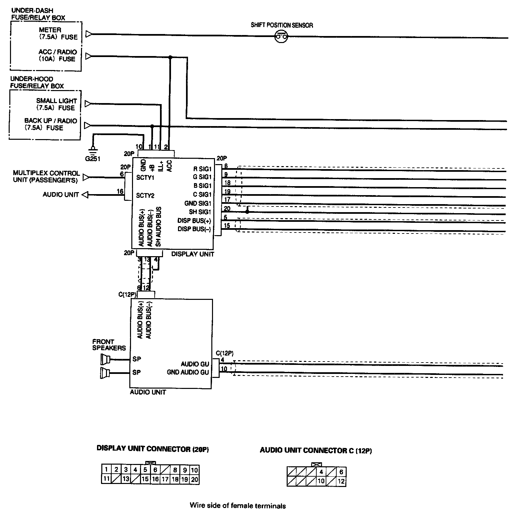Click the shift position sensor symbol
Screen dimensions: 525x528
(x=281, y=36)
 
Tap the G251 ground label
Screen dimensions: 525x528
(x=92, y=159)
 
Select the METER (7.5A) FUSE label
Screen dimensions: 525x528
(x=58, y=34)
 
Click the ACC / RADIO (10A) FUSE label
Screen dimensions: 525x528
(x=57, y=55)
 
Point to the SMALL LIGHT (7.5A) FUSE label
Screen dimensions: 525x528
(x=56, y=104)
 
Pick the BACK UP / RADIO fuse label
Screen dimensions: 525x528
(x=50, y=124)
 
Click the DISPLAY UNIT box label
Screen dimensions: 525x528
(x=193, y=254)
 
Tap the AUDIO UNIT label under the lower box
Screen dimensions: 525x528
(x=148, y=392)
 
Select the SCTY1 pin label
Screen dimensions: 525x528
(x=145, y=178)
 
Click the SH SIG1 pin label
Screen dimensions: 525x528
(x=200, y=212)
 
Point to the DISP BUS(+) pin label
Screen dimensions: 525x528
(x=194, y=220)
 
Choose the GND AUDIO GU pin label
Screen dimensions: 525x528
(x=188, y=372)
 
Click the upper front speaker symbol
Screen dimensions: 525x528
(x=105, y=359)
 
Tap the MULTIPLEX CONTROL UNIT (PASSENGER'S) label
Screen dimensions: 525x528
(x=46, y=176)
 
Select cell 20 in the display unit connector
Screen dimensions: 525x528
(x=194, y=480)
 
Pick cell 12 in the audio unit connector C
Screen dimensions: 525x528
(x=341, y=481)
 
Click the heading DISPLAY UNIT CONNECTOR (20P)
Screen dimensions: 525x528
(x=153, y=449)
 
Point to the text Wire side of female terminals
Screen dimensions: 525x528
(x=238, y=506)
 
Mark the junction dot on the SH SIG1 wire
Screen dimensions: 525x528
(x=247, y=211)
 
